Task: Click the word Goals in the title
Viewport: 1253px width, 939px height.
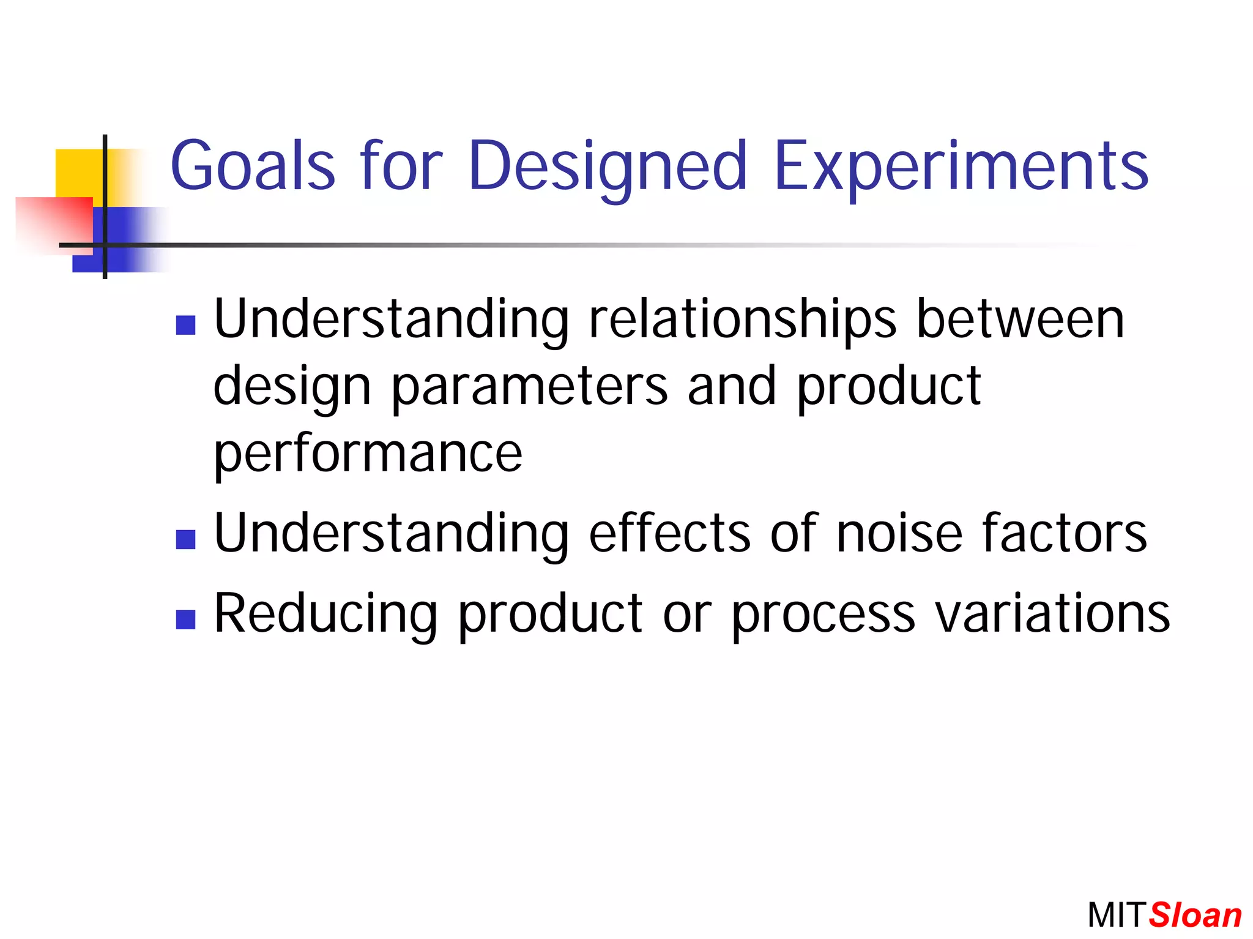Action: [x=252, y=165]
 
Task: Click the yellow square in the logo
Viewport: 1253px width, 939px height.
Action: [x=80, y=173]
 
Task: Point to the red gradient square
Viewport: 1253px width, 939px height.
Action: [x=54, y=225]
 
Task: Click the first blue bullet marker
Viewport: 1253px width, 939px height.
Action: [x=185, y=325]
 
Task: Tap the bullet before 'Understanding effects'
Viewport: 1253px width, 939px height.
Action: [x=185, y=539]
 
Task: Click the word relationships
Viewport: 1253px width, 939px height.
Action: [x=742, y=320]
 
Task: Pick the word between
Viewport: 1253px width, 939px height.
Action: [x=1020, y=320]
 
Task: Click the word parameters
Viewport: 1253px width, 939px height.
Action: [x=529, y=387]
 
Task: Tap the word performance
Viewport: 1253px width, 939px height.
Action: [x=368, y=454]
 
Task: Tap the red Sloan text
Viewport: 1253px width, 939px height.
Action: [x=1195, y=916]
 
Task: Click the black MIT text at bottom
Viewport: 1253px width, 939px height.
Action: [x=1116, y=916]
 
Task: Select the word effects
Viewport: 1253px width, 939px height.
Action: [x=669, y=533]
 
